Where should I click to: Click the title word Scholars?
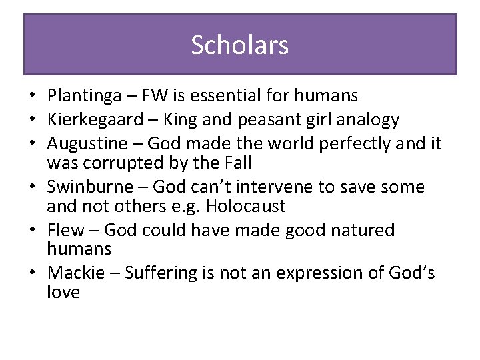point(240,45)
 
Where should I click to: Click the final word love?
point(63,292)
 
